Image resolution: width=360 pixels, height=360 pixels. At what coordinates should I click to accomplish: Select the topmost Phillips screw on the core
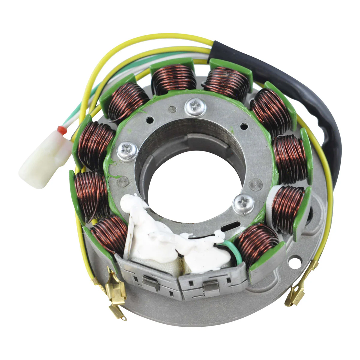coord(195,107)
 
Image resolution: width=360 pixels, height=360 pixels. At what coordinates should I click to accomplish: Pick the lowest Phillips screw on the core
coord(243,204)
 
